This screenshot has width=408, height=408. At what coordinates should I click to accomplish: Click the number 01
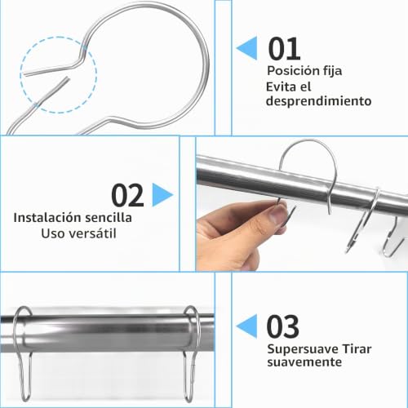pos(284,49)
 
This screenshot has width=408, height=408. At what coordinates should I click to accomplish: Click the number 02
pos(127,195)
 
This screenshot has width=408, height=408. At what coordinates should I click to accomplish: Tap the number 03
pos(283,326)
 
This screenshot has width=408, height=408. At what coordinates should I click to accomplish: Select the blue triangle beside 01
pos(246,48)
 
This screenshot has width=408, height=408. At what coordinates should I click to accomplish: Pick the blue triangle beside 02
pos(162,195)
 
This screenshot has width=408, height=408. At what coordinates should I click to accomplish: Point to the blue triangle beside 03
pos(246,326)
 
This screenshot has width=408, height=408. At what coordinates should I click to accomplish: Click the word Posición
pos(293,71)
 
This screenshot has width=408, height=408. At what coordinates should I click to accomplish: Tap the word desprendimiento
pos(318,101)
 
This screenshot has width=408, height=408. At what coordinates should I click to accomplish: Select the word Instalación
pos(47,218)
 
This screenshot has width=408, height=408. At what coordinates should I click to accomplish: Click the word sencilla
pos(109,218)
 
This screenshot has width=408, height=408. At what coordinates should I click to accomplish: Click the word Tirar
pos(357,349)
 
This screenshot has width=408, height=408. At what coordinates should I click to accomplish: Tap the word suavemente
pos(304,362)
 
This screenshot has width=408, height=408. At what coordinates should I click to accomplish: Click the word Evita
pos(281,87)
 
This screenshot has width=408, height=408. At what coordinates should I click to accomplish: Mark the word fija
pos(333,72)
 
